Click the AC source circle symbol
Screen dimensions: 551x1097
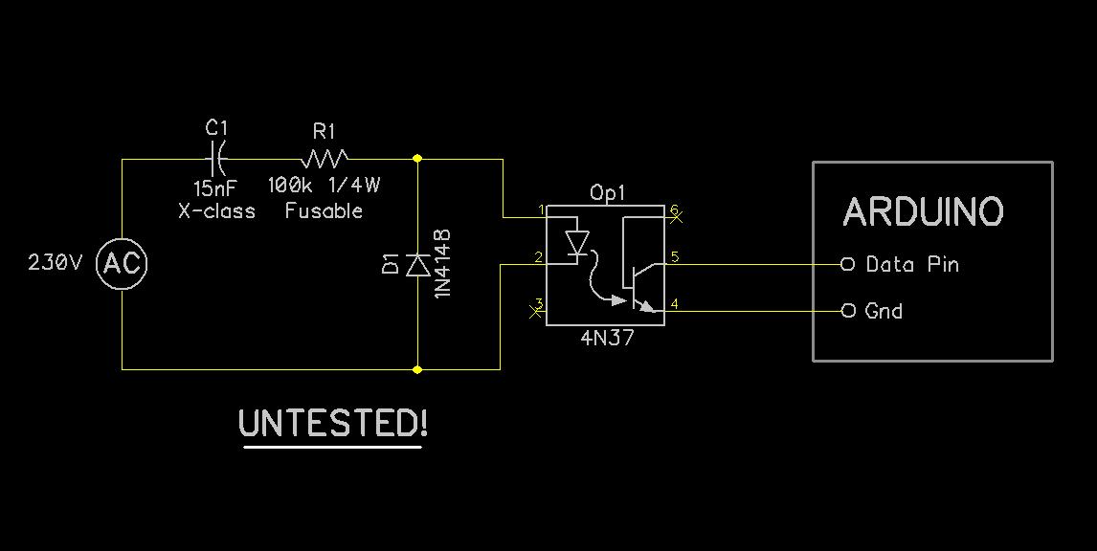coord(122,264)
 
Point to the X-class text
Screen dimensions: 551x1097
coord(217,211)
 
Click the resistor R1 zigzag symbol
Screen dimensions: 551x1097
coord(325,156)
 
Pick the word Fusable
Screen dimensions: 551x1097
coord(324,211)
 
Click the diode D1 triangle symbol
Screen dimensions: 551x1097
coord(417,265)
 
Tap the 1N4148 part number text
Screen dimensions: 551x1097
coord(442,263)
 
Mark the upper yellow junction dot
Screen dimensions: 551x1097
coord(417,158)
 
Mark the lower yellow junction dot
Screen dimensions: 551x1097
coord(417,368)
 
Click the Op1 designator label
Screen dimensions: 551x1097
coord(607,192)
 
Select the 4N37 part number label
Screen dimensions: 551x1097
coord(607,339)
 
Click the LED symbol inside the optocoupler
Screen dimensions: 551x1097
coord(577,243)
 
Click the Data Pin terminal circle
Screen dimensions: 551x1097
coord(847,264)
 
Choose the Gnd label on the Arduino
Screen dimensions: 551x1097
coord(884,311)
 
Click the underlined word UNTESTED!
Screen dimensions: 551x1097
coord(332,423)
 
